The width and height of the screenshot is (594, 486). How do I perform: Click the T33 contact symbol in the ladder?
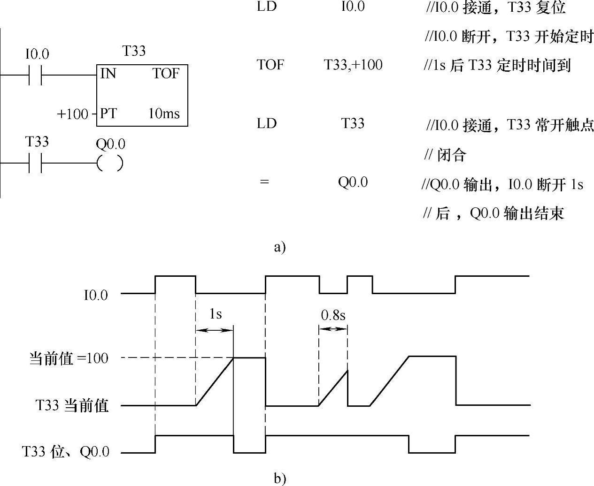tap(35, 163)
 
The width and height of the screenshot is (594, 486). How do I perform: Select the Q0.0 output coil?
tap(110, 163)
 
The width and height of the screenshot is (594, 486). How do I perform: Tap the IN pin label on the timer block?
tap(108, 74)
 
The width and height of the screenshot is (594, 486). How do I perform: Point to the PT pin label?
tap(108, 114)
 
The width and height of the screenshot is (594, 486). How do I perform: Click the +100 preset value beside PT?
tap(72, 114)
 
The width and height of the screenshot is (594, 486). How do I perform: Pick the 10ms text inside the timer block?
tap(164, 114)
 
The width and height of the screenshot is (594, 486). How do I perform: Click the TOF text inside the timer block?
tap(166, 74)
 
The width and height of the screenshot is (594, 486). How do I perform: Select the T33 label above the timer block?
tap(134, 51)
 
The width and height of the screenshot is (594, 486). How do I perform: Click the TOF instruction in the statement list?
tap(270, 65)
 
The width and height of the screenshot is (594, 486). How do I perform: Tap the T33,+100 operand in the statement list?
tap(353, 65)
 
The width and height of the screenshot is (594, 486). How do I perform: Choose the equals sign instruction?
tap(264, 182)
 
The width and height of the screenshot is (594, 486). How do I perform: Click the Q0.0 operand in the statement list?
tap(353, 182)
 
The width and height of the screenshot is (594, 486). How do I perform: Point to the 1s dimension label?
tap(215, 314)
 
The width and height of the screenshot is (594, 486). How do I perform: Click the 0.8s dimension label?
tap(333, 316)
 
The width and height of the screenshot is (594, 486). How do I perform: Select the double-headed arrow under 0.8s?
tap(333, 329)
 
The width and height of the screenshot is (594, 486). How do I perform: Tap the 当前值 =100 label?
tap(69, 359)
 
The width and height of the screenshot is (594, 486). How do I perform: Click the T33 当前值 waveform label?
tap(72, 405)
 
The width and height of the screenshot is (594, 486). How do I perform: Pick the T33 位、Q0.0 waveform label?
tap(66, 452)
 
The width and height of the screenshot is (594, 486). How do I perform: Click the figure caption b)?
tap(280, 478)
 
